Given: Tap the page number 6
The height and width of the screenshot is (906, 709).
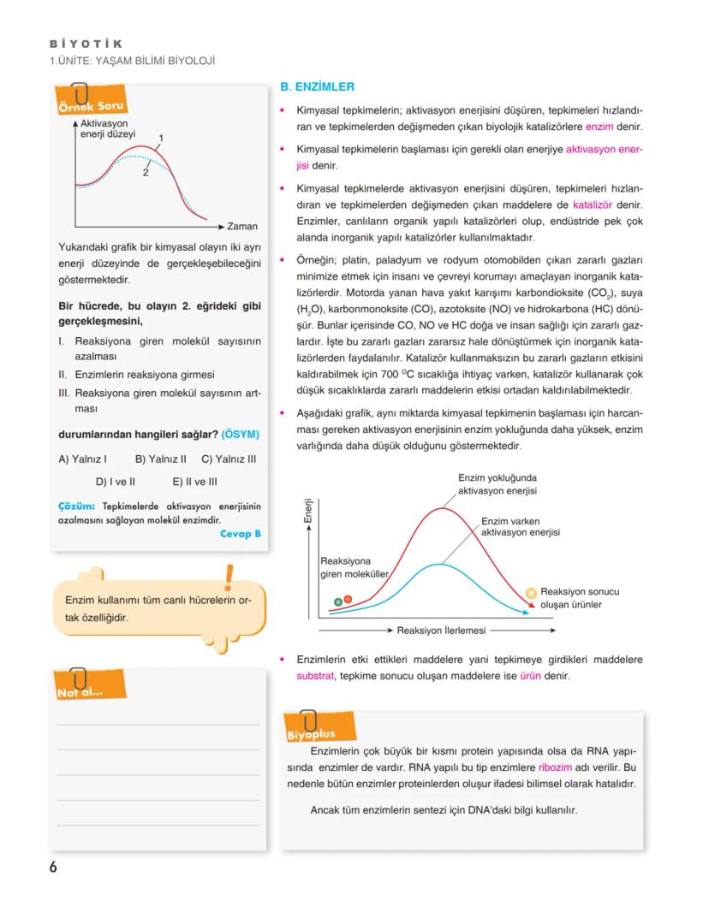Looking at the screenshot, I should tap(53, 867).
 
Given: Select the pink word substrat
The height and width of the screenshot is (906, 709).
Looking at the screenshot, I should tap(314, 675).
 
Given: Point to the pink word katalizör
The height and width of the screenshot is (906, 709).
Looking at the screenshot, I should tap(593, 205).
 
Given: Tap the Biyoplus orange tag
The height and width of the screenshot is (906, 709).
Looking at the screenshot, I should tap(310, 733).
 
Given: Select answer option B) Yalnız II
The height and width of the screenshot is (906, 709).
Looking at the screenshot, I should tap(161, 459).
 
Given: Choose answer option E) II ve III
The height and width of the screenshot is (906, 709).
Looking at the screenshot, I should tap(194, 482).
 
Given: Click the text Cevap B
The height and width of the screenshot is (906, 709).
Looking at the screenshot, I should tap(240, 533).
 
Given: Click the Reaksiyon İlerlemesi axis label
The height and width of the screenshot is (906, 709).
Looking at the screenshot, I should tap(441, 630).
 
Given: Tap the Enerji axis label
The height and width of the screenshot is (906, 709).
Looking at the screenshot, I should tap(307, 511).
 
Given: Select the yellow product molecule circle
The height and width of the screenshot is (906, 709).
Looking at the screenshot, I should tap(531, 592).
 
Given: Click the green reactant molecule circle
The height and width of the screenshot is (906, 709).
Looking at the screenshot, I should tap(337, 601).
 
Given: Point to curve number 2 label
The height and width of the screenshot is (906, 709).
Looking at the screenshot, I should tap(146, 171).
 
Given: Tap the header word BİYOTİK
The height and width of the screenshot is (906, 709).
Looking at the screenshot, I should tap(86, 44).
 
